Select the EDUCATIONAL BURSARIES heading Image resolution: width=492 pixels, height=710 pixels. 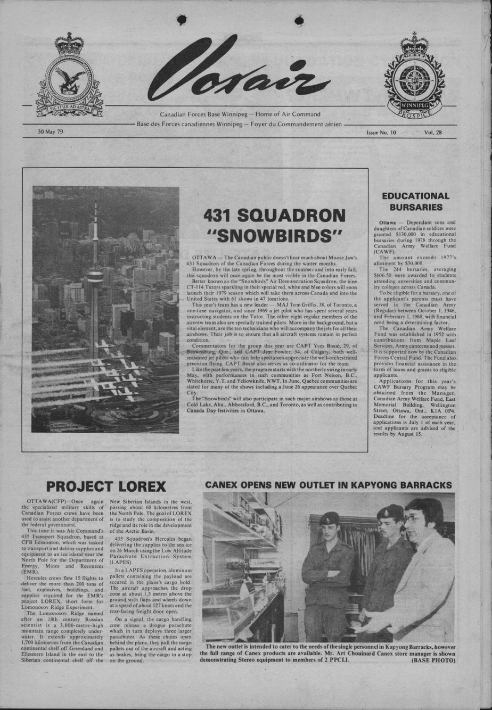tap(415, 201)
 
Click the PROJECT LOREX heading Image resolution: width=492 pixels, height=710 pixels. tap(106, 486)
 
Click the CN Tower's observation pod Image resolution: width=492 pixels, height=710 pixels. tap(95, 276)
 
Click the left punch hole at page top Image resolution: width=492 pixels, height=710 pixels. tap(181, 20)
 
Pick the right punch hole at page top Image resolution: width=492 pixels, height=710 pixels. tap(299, 20)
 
